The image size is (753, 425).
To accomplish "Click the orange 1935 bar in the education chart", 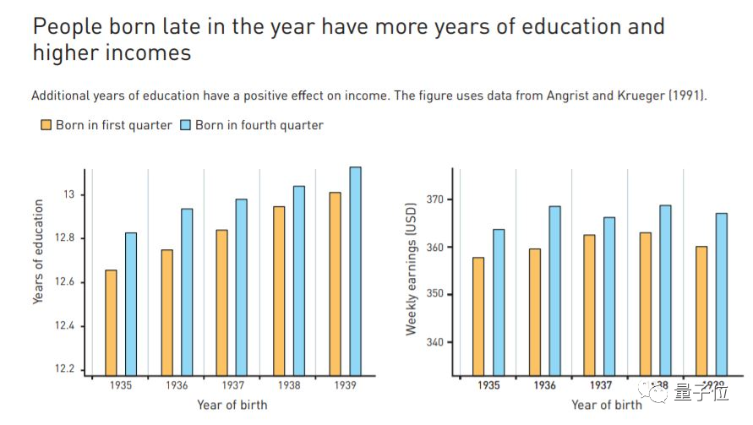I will pos(111,322).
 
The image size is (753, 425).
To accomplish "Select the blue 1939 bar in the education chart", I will pos(355,270).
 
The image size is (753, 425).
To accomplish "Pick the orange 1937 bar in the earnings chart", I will pos(589,304).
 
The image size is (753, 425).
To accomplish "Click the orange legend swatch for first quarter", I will pos(46,125).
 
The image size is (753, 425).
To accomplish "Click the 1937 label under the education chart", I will pos(232,385).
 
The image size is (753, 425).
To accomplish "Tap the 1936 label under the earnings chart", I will pos(543,385).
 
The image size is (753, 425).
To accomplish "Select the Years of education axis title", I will pos(38,252).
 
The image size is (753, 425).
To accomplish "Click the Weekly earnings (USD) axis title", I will pos(412,269).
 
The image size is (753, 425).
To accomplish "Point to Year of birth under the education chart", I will pos(232,405).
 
